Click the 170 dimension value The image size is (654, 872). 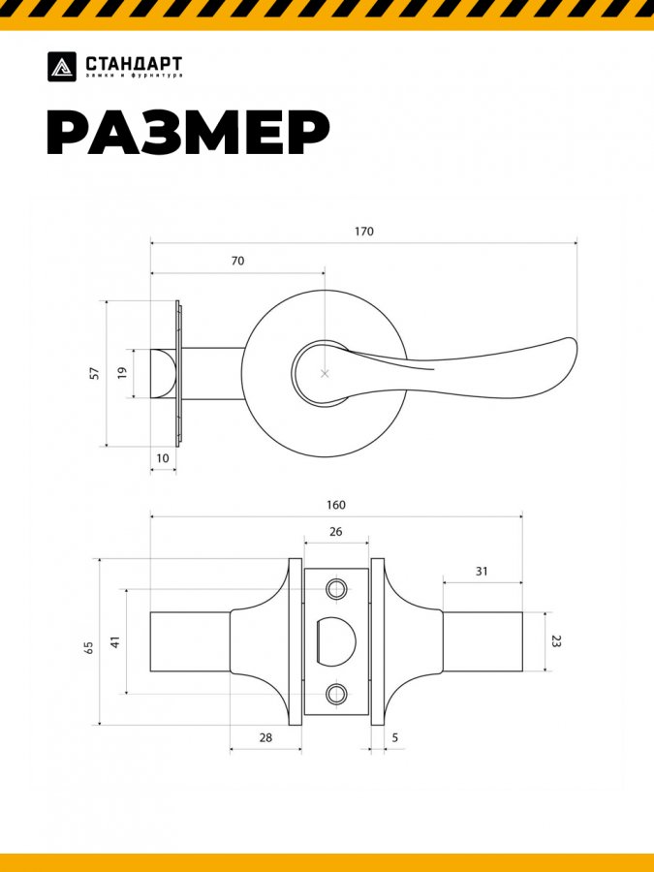pyautogui.click(x=363, y=232)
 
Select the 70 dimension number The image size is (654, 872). pyautogui.click(x=237, y=261)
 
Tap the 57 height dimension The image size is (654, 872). pyautogui.click(x=94, y=373)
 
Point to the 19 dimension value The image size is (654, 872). pyautogui.click(x=122, y=373)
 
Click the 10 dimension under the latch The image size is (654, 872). pyautogui.click(x=162, y=457)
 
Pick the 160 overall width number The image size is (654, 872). pyautogui.click(x=335, y=505)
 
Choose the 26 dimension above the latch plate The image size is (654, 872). pyautogui.click(x=335, y=532)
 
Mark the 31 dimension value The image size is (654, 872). pyautogui.click(x=482, y=572)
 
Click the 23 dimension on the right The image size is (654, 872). pyautogui.click(x=556, y=641)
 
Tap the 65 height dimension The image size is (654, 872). pyautogui.click(x=88, y=646)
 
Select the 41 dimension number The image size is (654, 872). pyautogui.click(x=114, y=641)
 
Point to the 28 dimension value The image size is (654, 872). pyautogui.click(x=265, y=737)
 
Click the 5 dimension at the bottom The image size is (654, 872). pyautogui.click(x=395, y=737)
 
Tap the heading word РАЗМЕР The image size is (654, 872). pyautogui.click(x=188, y=134)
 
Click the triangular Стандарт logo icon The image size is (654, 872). pyautogui.click(x=62, y=66)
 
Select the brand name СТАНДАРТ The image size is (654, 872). pyautogui.click(x=134, y=63)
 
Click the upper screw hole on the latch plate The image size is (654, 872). pyautogui.click(x=336, y=589)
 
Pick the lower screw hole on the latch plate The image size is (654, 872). pyautogui.click(x=336, y=693)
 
